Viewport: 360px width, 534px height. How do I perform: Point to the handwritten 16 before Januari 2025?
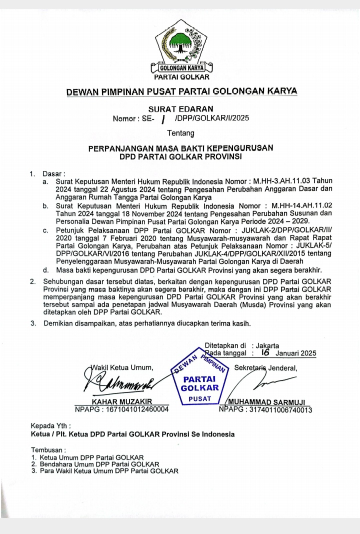(265, 352)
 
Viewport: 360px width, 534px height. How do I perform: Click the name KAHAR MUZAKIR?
(121, 401)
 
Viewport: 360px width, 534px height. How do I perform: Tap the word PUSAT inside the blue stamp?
(199, 399)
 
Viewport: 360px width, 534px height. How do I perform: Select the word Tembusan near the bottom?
(48, 449)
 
